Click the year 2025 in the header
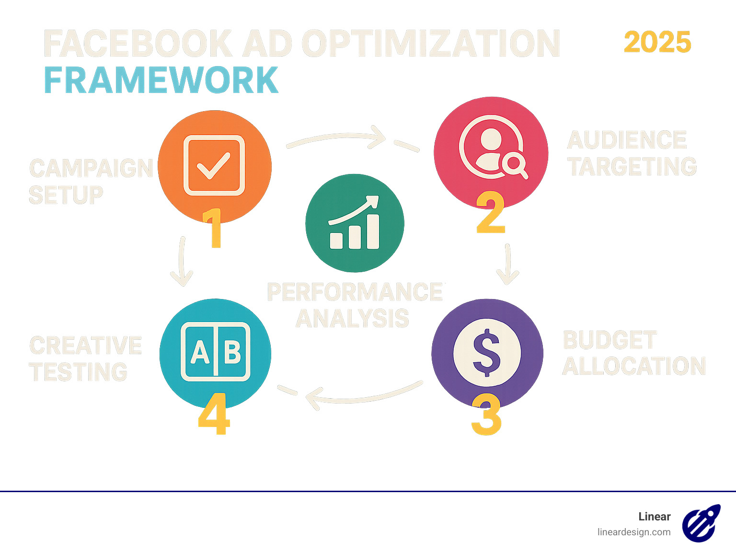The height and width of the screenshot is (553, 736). [657, 43]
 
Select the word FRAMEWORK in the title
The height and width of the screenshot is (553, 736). [161, 80]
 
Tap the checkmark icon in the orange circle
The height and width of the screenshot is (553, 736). [214, 165]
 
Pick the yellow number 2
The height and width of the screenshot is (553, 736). [491, 213]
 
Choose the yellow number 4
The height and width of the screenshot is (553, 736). [214, 414]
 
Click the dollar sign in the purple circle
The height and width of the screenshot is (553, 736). [486, 352]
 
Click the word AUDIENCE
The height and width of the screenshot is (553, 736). [627, 140]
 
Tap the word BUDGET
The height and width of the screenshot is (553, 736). [609, 340]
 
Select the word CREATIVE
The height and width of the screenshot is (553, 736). [86, 346]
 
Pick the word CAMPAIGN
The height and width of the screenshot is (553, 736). [91, 168]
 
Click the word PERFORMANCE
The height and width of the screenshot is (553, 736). [355, 292]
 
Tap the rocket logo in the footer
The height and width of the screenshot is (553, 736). [701, 523]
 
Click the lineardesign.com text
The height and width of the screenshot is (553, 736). [633, 532]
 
